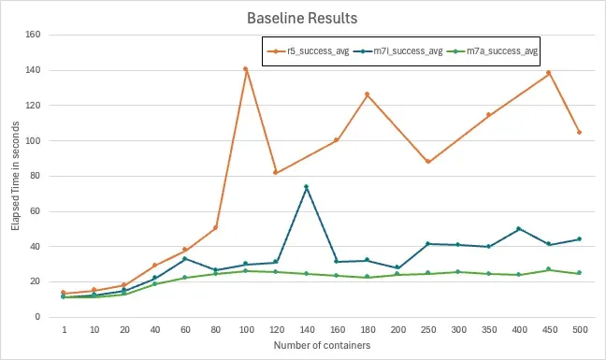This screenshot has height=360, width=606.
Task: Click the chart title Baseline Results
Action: click(302, 18)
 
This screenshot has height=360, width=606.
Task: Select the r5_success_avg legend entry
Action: click(309, 51)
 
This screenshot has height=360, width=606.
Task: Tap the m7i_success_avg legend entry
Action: click(398, 51)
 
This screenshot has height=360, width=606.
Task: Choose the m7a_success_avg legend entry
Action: click(492, 51)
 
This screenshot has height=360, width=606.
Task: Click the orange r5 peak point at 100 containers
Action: click(245, 69)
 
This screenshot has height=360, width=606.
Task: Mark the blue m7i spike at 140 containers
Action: click(307, 187)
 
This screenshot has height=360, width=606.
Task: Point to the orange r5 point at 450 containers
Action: click(548, 73)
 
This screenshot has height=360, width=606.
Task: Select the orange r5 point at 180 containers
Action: click(368, 94)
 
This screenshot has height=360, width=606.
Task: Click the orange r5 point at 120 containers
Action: click(276, 172)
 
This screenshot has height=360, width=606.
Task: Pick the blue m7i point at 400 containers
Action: click(519, 229)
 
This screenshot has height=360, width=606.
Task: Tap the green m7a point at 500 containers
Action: click(579, 273)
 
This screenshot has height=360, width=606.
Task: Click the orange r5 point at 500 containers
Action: click(579, 133)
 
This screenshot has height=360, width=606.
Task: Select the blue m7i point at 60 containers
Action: click(185, 258)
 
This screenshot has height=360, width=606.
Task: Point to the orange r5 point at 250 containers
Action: click(427, 162)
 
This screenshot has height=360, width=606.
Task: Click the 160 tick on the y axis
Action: click(33, 35)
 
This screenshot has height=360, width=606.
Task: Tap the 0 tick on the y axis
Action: click(37, 317)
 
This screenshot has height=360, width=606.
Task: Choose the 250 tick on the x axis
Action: click(428, 330)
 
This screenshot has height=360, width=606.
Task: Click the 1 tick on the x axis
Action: click(65, 330)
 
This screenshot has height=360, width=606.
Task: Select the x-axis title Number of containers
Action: click(322, 345)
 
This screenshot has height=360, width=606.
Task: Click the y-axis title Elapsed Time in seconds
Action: click(15, 176)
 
